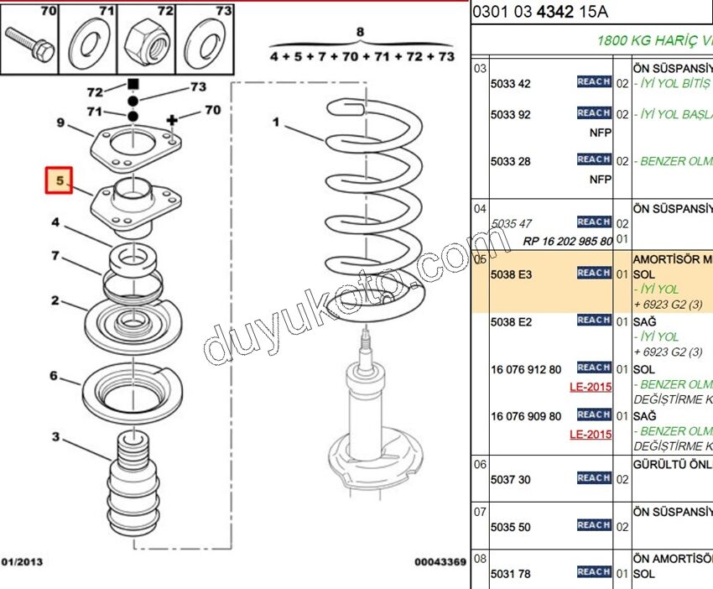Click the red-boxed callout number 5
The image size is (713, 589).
pyautogui.click(x=59, y=180)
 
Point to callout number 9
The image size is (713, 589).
pyautogui.click(x=60, y=123)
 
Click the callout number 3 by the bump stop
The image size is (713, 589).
pyautogui.click(x=56, y=436)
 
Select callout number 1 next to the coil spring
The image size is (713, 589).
pyautogui.click(x=276, y=122)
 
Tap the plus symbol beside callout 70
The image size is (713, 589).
pyautogui.click(x=173, y=121)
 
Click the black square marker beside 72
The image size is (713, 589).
pyautogui.click(x=132, y=84)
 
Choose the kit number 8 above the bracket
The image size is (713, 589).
pyautogui.click(x=361, y=34)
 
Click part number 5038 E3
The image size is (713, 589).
pyautogui.click(x=511, y=274)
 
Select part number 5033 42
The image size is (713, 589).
pyautogui.click(x=511, y=84)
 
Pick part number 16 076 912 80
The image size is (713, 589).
pyautogui.click(x=526, y=369)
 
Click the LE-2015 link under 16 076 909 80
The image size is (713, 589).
pyautogui.click(x=591, y=435)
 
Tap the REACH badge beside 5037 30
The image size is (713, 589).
pyautogui.click(x=594, y=478)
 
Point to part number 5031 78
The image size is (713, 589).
pyautogui.click(x=511, y=574)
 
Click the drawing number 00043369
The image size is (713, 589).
pyautogui.click(x=440, y=562)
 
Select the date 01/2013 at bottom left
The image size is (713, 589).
pyautogui.click(x=23, y=562)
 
